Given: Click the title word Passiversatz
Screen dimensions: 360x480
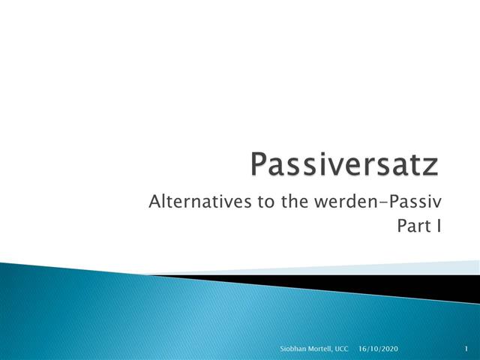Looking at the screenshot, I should [x=344, y=164].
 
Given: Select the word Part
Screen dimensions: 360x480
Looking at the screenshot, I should [x=409, y=225].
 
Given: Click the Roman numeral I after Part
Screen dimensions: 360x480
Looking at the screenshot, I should [x=436, y=225].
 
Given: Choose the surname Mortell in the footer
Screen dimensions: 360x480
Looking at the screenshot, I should [x=315, y=349].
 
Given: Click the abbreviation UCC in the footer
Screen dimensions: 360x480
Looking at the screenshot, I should [x=341, y=349].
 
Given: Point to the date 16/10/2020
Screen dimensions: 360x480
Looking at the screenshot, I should [x=379, y=349].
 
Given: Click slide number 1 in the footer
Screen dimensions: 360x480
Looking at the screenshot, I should [x=466, y=349].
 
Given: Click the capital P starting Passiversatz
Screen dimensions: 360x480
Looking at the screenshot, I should [x=259, y=164].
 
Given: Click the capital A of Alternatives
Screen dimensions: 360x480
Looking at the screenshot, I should [x=155, y=202].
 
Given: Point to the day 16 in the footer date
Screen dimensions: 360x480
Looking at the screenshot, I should [x=362, y=349].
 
